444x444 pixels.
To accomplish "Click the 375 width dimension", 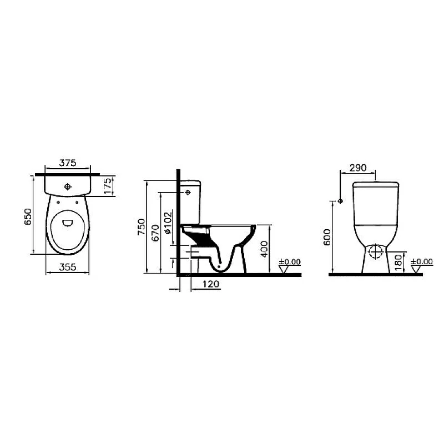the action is [68, 163].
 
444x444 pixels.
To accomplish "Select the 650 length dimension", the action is [28, 216].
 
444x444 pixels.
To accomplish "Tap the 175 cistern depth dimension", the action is [108, 186].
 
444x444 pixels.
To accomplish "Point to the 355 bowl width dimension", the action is [67, 267].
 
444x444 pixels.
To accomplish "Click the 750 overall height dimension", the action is [142, 227].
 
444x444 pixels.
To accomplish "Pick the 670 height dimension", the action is [155, 233].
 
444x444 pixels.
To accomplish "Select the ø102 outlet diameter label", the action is [168, 223].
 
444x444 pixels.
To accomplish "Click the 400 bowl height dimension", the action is [264, 249].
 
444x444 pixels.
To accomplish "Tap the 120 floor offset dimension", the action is [211, 284].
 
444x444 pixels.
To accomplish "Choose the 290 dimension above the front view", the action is [358, 168].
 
